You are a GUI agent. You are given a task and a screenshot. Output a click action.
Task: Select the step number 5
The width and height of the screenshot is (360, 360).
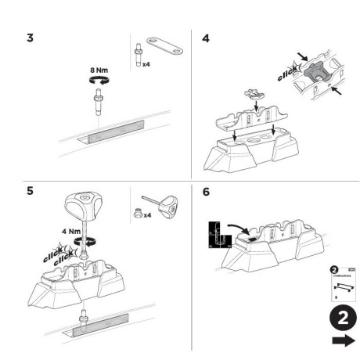(31, 191)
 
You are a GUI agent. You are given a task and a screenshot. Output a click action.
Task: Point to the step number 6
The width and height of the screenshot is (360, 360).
(206, 191)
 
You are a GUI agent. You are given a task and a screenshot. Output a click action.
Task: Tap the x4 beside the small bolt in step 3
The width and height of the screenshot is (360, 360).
(146, 63)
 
